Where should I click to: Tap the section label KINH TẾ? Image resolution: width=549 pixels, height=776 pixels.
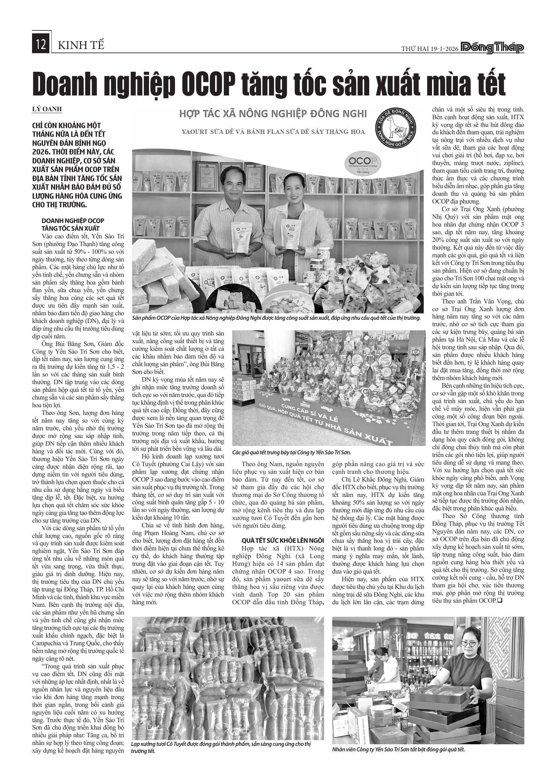coord(81,45)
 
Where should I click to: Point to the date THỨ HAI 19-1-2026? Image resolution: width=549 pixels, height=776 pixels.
coord(430,49)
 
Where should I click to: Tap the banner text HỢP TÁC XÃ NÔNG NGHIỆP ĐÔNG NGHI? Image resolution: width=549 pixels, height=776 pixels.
coord(273,113)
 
